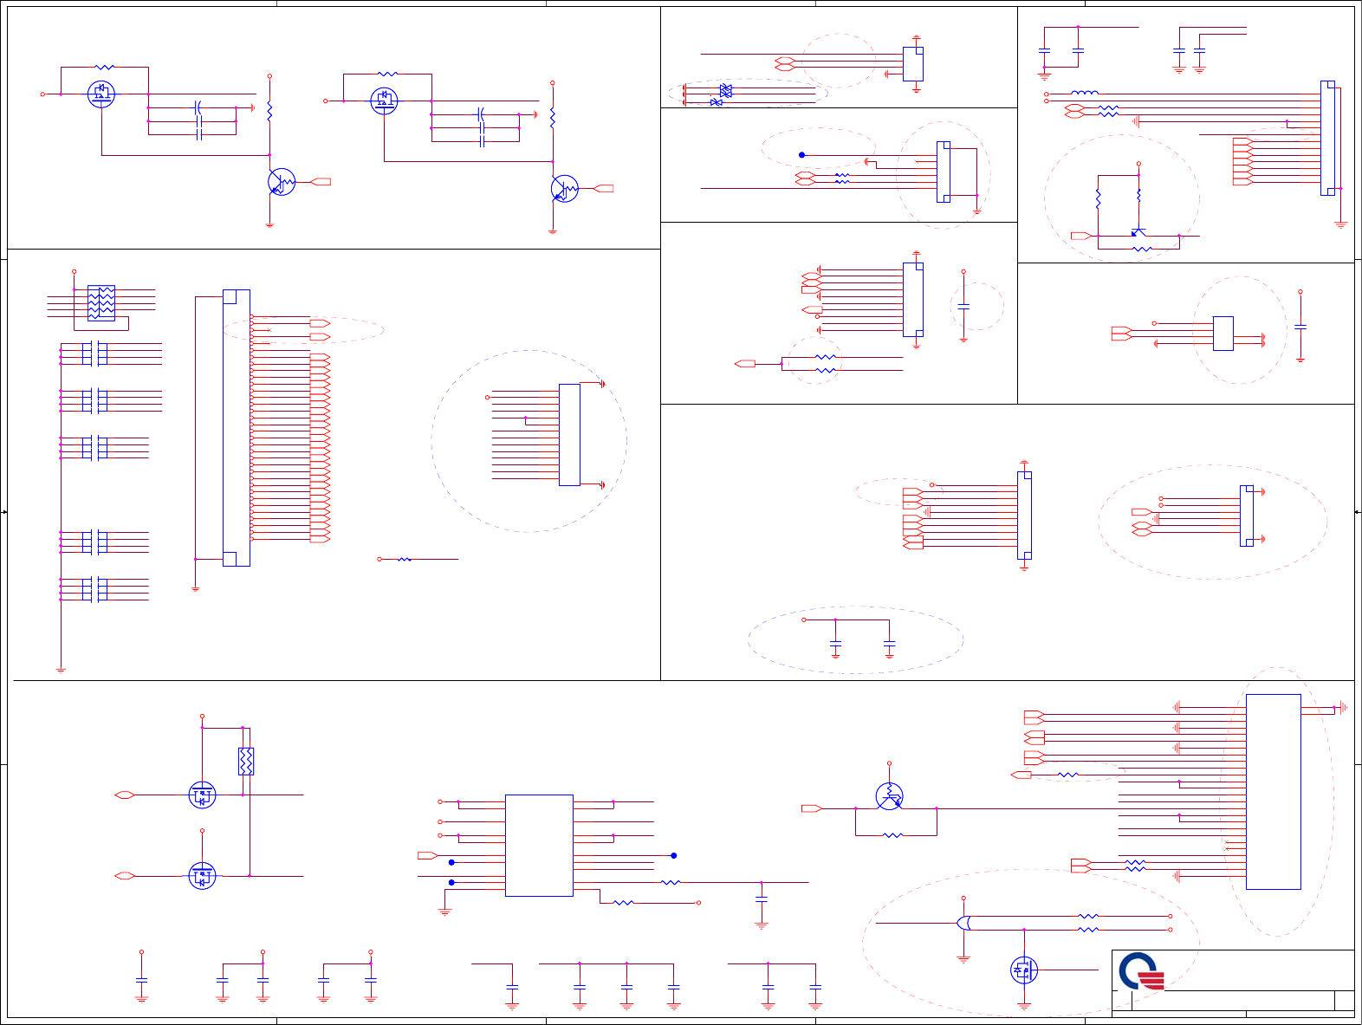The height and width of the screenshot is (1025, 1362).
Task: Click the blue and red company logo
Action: (1140, 971)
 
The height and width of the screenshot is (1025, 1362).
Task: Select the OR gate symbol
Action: (963, 923)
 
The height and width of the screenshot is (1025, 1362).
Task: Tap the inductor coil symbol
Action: (1084, 93)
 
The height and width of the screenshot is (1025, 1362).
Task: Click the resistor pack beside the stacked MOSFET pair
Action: (246, 761)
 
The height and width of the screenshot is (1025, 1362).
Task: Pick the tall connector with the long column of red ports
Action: (237, 428)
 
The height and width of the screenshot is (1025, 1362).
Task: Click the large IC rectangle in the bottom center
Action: (539, 845)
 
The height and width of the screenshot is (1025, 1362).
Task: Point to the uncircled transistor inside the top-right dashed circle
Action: (1138, 231)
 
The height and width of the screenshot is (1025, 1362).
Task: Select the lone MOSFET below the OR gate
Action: (1024, 970)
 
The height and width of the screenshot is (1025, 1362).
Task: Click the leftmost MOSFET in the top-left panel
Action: (101, 94)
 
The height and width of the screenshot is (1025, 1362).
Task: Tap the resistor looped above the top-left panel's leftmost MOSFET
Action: (104, 67)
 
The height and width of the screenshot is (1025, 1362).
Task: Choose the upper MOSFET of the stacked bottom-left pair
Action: (202, 795)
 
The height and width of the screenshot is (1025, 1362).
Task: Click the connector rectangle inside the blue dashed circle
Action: (569, 435)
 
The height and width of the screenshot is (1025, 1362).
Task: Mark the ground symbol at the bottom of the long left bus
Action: (61, 670)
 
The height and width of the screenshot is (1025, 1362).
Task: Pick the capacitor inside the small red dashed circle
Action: (963, 307)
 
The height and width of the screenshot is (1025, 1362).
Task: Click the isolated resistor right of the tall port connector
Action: (404, 560)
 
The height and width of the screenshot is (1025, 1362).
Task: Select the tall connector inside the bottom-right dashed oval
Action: (1273, 791)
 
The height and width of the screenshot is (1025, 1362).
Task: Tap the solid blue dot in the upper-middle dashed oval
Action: (801, 155)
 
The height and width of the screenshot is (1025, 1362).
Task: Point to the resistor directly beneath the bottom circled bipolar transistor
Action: (892, 835)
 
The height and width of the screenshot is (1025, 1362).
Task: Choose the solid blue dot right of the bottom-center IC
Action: (673, 855)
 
